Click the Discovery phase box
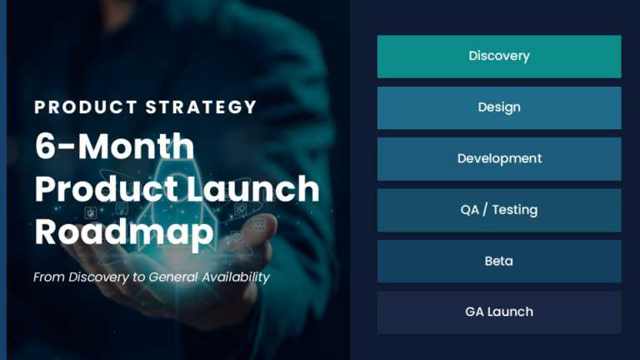click(498, 57)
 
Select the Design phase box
click(498, 107)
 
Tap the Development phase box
click(498, 158)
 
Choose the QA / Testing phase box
click(498, 210)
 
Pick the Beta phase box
click(498, 261)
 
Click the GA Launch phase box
click(498, 312)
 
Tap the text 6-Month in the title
click(114, 147)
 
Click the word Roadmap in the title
click(124, 232)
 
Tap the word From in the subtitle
click(47, 277)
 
